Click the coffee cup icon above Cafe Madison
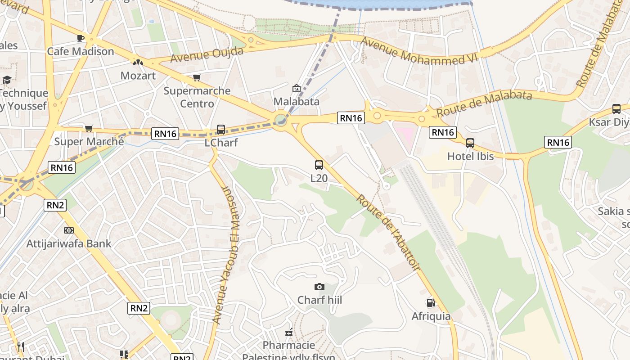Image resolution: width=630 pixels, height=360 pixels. [x=81, y=38]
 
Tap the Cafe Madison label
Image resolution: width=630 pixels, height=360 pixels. [x=81, y=51]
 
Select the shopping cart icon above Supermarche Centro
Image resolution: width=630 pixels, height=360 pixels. [x=197, y=78]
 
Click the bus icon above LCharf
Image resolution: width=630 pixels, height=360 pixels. [x=221, y=130]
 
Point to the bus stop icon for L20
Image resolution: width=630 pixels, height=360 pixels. [x=319, y=165]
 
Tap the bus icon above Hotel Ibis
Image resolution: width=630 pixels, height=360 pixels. [x=470, y=143]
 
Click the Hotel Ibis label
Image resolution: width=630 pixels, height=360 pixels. [x=470, y=156]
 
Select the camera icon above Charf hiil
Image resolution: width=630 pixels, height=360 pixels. [x=319, y=287]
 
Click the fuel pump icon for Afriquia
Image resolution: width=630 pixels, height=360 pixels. [x=431, y=303]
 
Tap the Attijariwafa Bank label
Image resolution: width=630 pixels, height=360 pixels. [x=69, y=243]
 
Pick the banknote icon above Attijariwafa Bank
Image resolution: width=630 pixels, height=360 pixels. [x=69, y=230]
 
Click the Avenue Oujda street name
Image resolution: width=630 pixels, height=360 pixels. [x=207, y=55]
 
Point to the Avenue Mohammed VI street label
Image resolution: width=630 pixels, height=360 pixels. [x=418, y=51]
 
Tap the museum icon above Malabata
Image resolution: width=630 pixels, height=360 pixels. [x=296, y=88]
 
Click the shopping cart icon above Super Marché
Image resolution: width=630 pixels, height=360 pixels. [x=89, y=129]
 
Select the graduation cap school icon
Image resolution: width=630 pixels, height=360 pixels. [x=7, y=80]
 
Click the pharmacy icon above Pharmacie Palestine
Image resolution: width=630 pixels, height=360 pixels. [x=289, y=333]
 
